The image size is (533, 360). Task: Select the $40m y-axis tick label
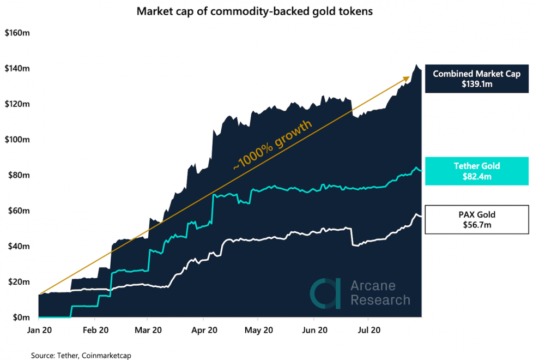click(x=18, y=247)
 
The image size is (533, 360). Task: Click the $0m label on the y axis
click(x=20, y=317)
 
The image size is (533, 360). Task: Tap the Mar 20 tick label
click(x=148, y=331)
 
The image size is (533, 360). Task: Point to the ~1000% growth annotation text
click(x=272, y=146)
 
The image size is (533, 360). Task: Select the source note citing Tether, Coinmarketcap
click(x=81, y=355)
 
